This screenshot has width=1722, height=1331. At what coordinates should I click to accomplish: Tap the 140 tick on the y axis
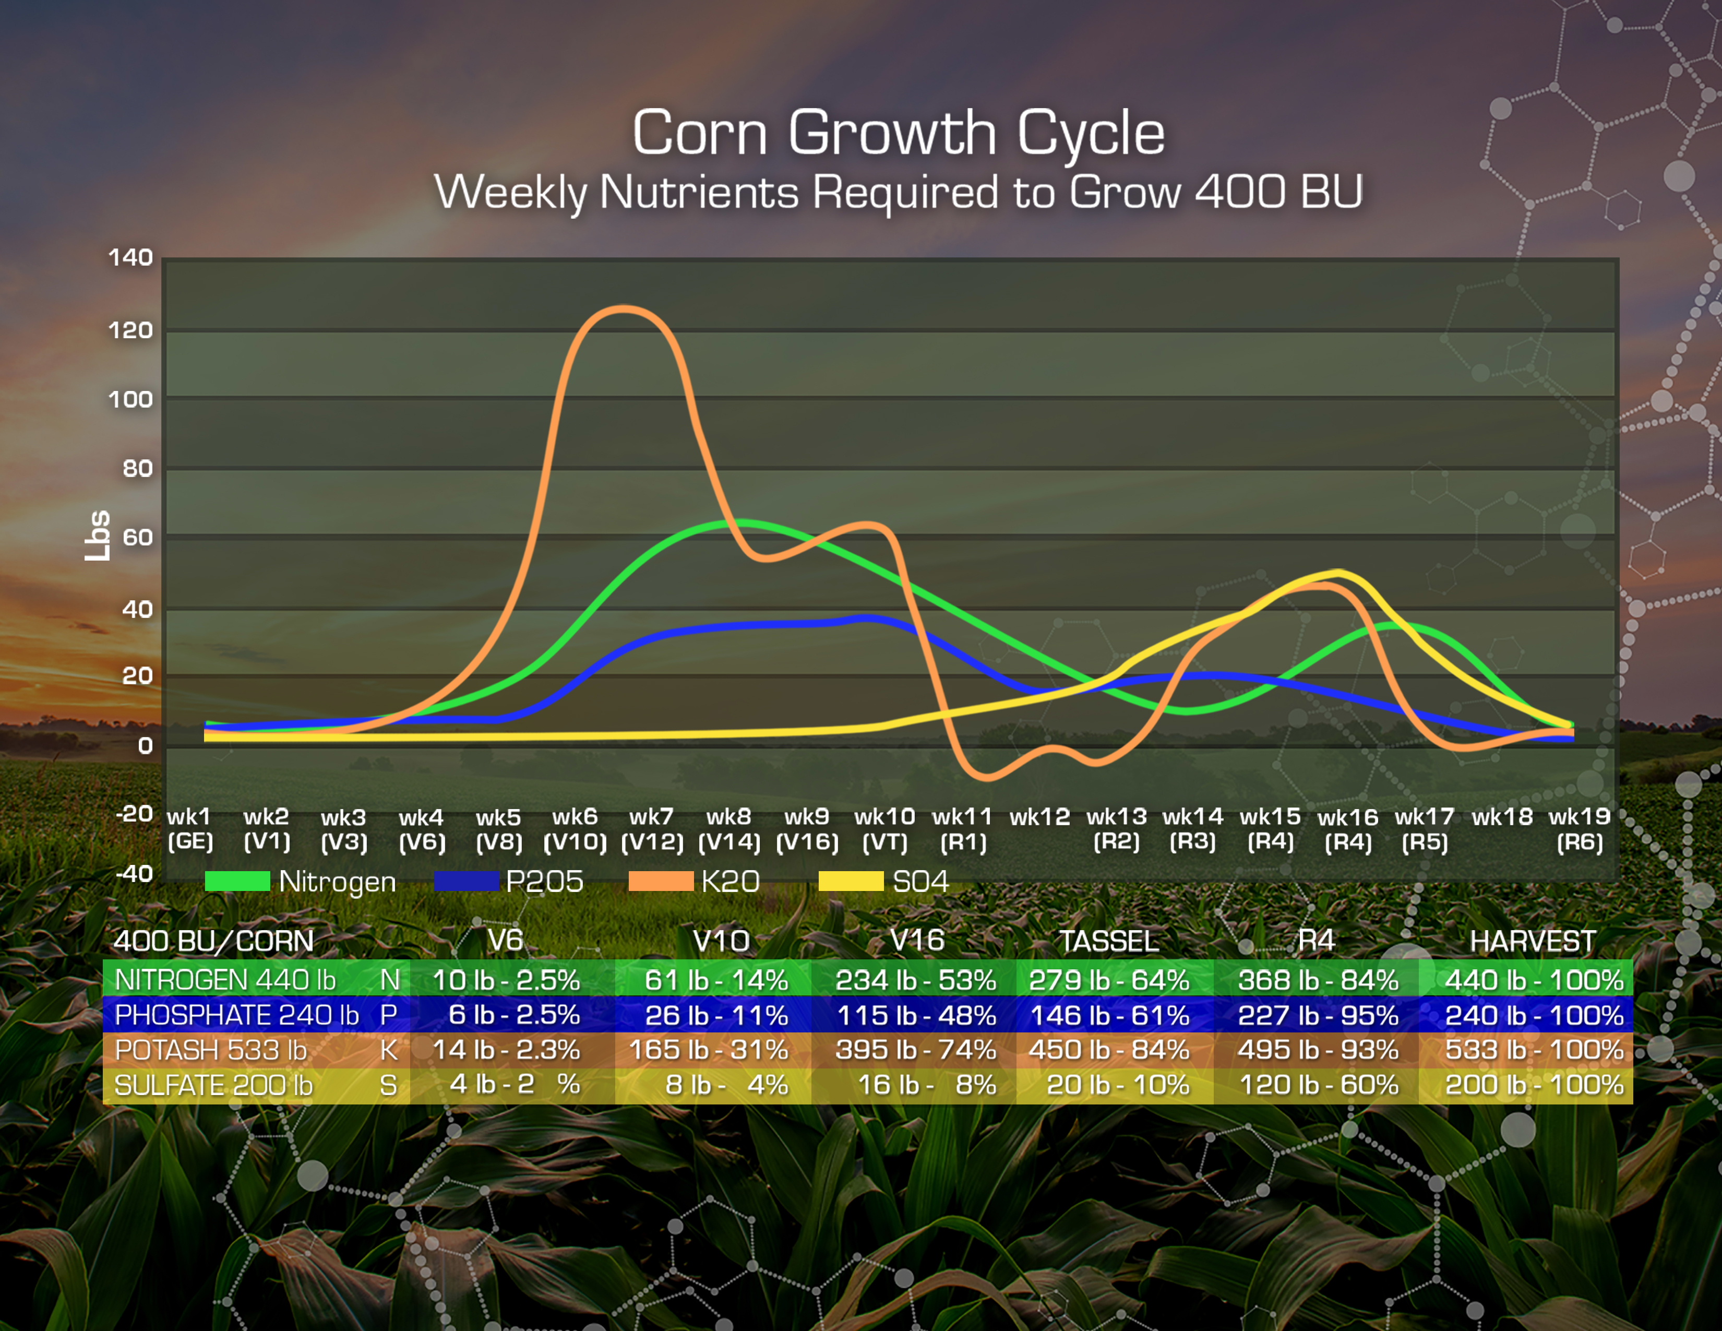click(x=130, y=258)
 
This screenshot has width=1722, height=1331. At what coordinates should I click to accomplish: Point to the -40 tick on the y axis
click(x=134, y=874)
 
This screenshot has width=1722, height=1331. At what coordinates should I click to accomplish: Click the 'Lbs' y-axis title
click(x=98, y=536)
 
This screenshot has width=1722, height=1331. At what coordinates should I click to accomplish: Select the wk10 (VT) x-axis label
click(x=884, y=829)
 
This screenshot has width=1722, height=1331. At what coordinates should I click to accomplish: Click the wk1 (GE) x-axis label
click(x=190, y=829)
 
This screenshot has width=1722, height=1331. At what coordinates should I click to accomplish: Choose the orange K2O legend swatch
click(x=660, y=881)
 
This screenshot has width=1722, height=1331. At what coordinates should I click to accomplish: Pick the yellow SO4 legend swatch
click(x=851, y=881)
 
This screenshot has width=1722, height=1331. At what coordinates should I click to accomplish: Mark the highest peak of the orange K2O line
click(x=624, y=309)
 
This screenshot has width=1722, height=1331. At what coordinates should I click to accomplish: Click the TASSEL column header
click(x=1108, y=941)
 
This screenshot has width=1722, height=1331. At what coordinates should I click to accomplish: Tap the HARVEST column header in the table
click(x=1532, y=941)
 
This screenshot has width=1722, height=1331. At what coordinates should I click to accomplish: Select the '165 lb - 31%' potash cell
click(x=708, y=1050)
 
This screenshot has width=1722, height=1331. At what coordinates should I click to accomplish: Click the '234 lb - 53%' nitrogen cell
click(x=915, y=980)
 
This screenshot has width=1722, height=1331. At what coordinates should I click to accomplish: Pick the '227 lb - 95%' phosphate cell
click(x=1318, y=1015)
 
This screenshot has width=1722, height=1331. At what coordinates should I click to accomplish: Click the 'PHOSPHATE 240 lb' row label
click(x=236, y=1015)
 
